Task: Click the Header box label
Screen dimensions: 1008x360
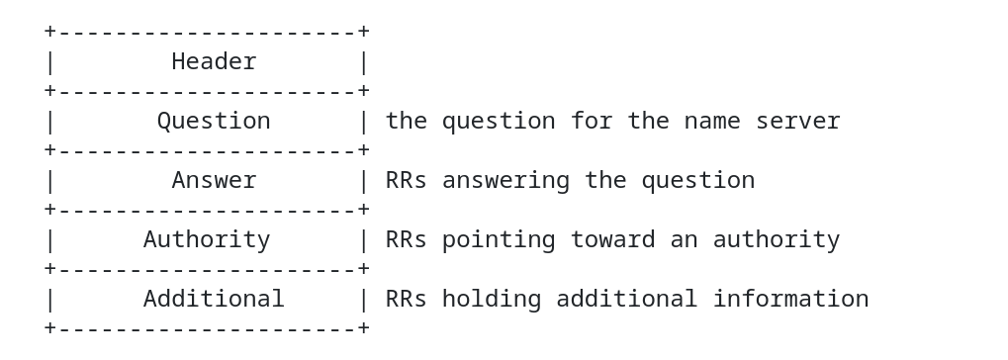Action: [x=214, y=61]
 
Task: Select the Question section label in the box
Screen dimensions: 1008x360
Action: [x=214, y=122]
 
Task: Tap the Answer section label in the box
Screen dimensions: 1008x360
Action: [x=214, y=181]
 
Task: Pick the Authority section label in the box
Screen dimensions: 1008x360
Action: [x=207, y=240]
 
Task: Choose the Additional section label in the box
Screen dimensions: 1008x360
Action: [x=214, y=299]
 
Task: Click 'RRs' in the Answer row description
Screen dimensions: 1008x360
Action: [x=407, y=181]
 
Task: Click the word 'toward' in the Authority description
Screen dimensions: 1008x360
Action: [x=612, y=240]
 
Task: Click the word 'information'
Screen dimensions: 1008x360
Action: [x=790, y=299]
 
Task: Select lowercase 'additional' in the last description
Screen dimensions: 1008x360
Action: [x=627, y=299]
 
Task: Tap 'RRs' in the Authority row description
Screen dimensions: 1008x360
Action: [x=407, y=239]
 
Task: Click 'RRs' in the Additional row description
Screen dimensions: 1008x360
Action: [x=407, y=299]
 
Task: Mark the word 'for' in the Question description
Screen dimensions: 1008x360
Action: [x=592, y=121]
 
